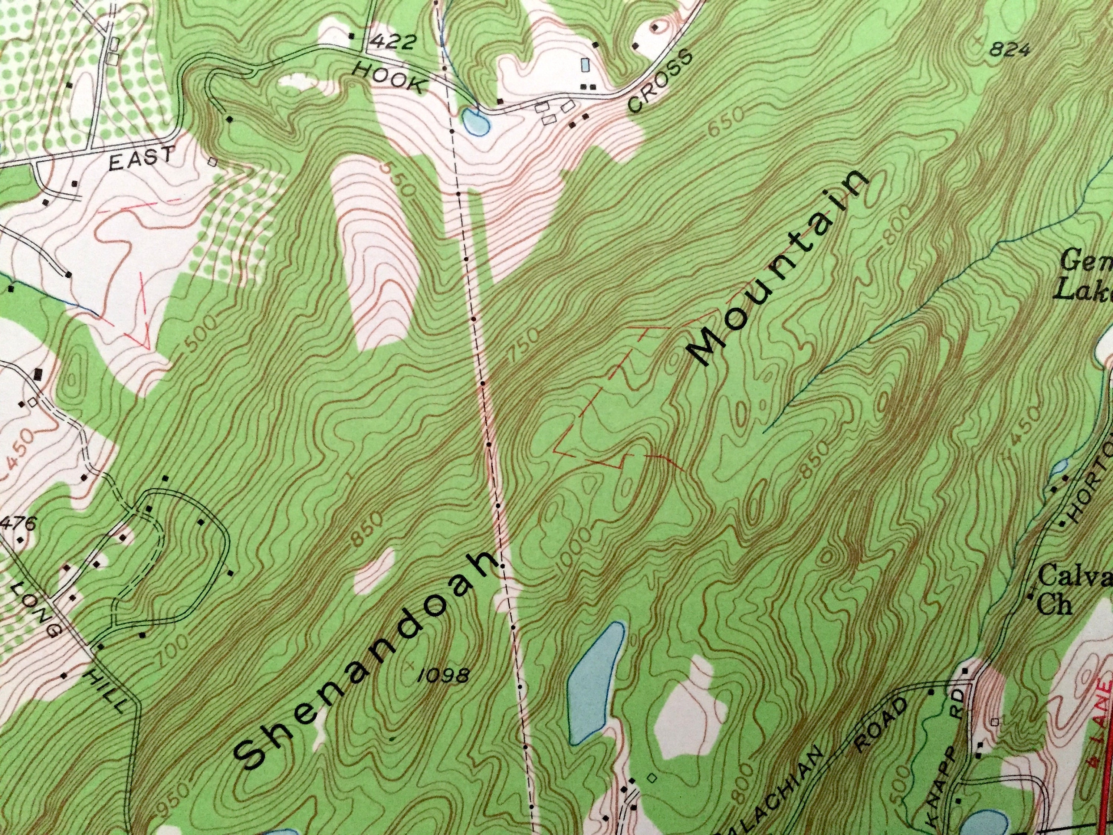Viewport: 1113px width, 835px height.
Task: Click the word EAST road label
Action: point(142,158)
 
